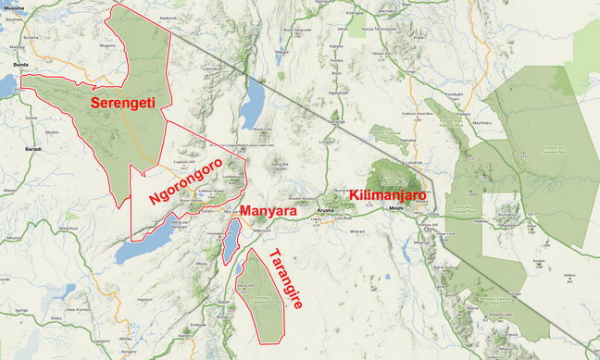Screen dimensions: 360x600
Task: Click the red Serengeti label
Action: (122, 103)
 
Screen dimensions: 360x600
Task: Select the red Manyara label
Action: (269, 212)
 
